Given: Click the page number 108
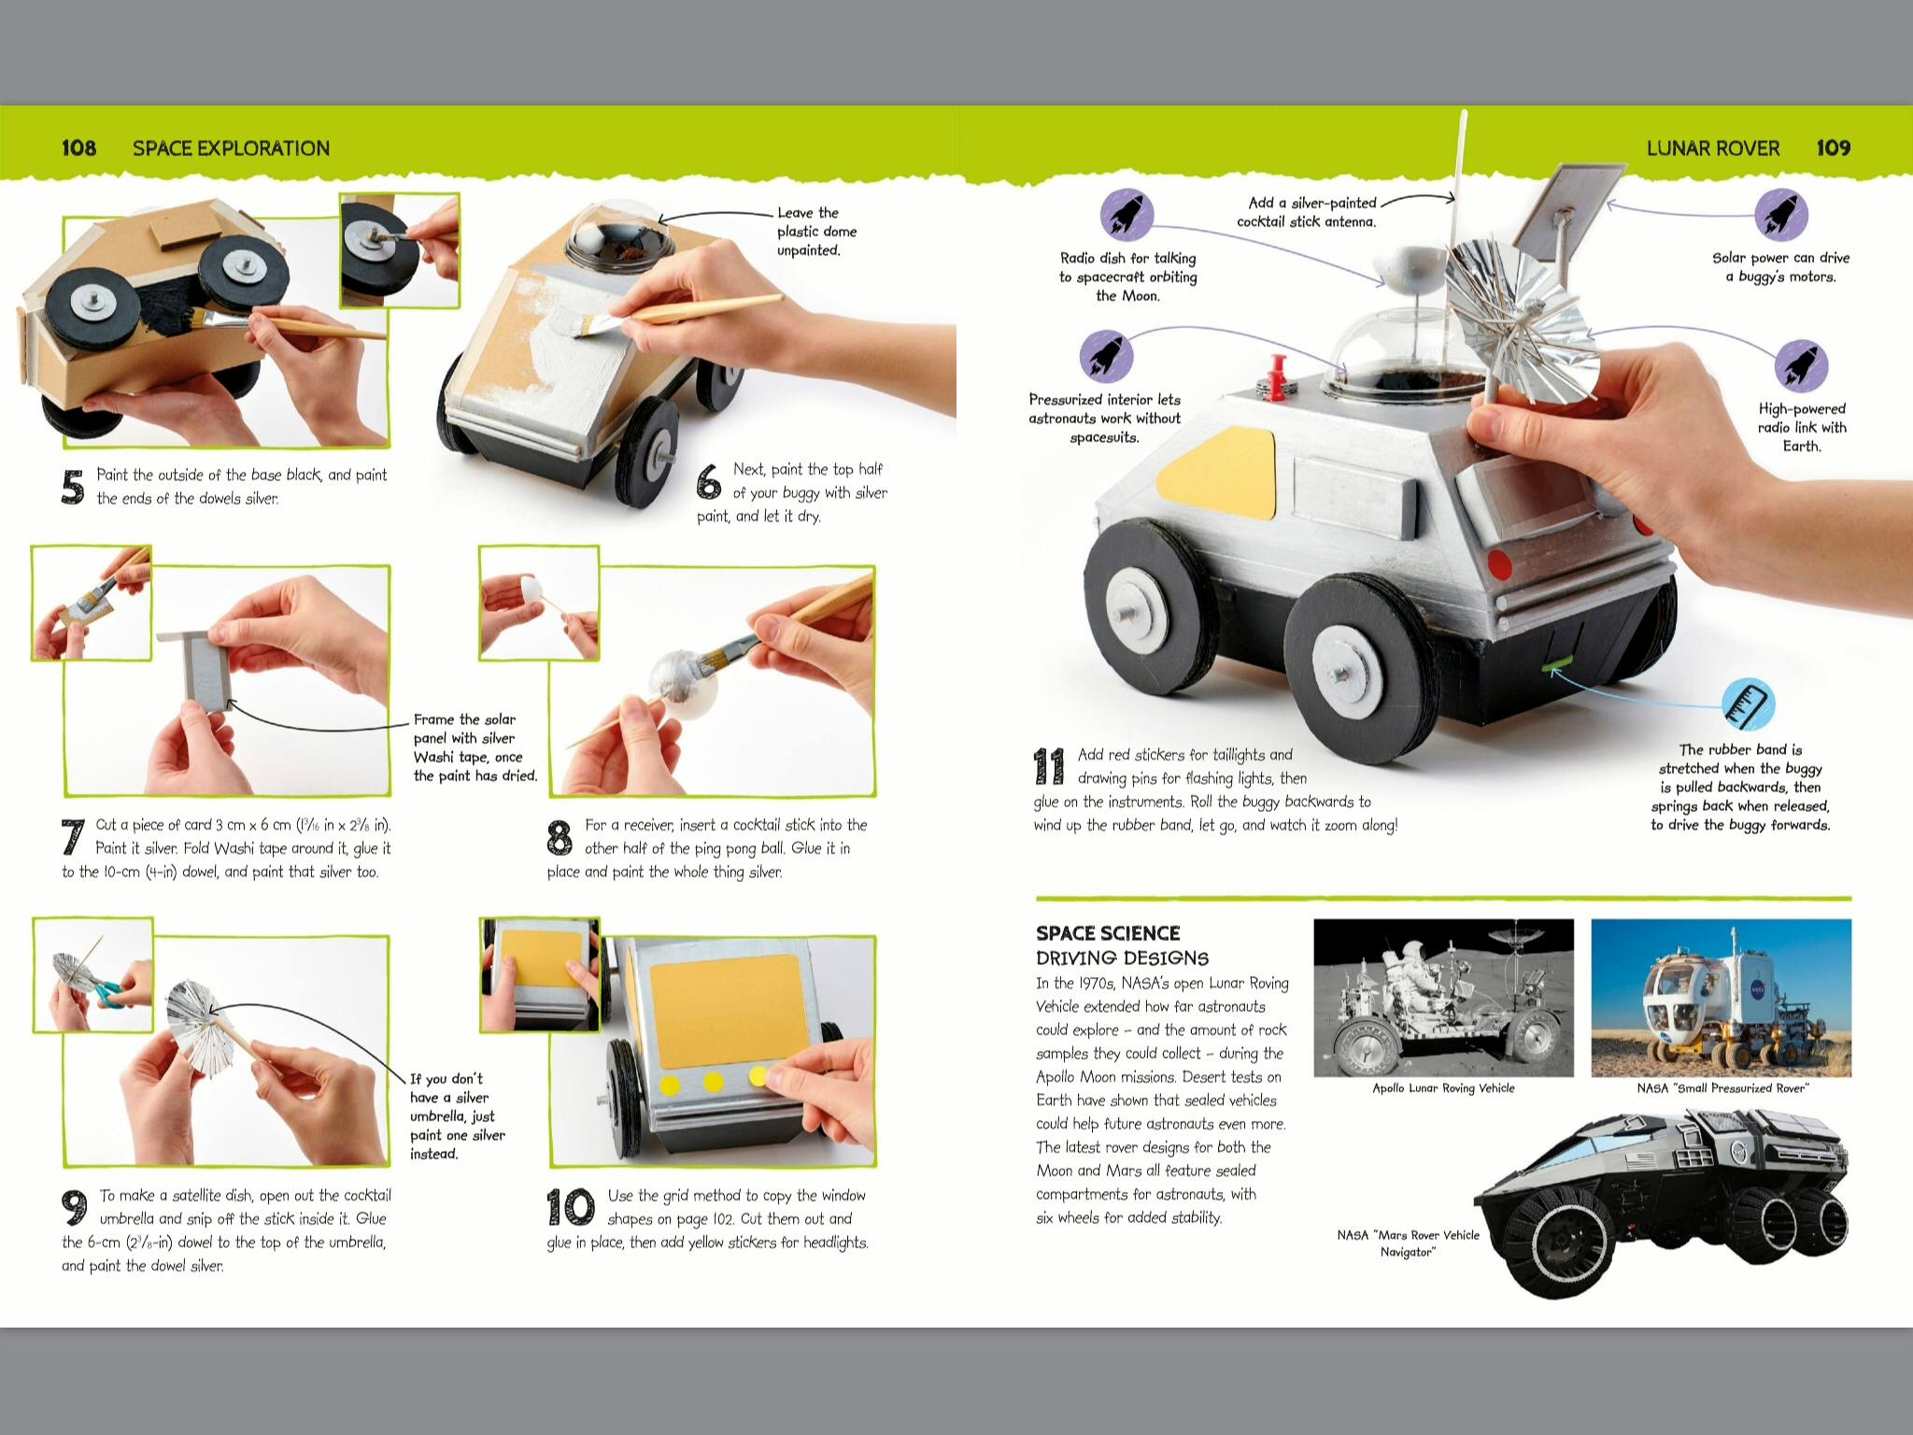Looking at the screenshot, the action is coord(78,148).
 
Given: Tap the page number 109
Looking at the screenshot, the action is coord(1834,148).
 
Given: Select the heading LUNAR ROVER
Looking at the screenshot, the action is coord(1713,148).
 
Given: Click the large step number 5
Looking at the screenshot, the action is coord(73,487).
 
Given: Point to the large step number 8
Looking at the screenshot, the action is coord(560,837).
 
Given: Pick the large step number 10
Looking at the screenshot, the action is coord(571,1207).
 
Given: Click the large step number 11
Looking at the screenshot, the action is coord(1049,766).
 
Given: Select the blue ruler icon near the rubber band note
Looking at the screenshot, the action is coord(1748,703).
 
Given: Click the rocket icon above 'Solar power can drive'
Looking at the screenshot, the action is coord(1781,214).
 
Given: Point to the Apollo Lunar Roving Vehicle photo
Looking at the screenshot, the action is coord(1443,997).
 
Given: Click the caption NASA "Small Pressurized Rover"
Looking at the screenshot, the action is coord(1722,1088).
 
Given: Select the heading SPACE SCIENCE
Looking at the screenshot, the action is coord(1108,933).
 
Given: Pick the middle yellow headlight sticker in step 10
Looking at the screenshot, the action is coord(714,1082).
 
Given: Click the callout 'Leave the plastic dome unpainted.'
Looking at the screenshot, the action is coord(816,232).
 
